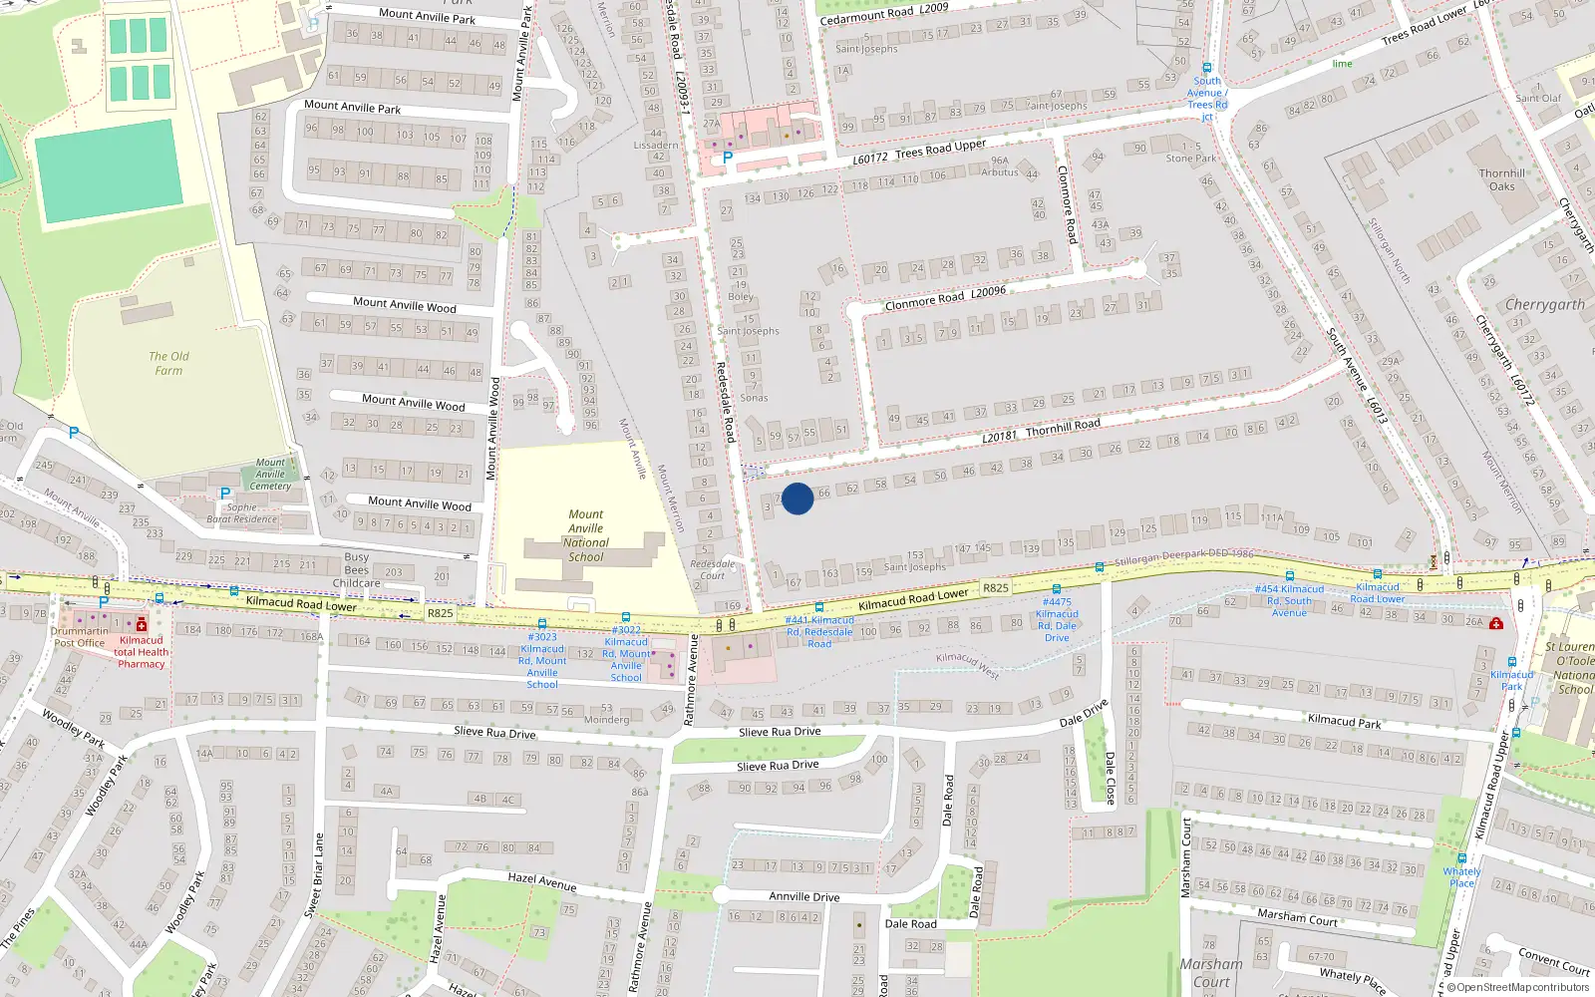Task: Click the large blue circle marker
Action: [797, 498]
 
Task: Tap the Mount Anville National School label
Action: [586, 536]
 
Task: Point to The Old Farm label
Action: [168, 363]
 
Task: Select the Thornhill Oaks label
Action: [1502, 179]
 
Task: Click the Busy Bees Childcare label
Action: [357, 570]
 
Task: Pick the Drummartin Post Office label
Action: [79, 637]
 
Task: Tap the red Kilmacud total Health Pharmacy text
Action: [142, 652]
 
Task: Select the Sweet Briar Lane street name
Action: [315, 875]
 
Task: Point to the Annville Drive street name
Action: [804, 896]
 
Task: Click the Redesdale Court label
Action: [713, 569]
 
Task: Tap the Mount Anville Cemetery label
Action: [270, 474]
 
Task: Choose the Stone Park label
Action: [1191, 158]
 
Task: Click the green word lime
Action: [1343, 64]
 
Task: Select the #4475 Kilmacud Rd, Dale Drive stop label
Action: [1057, 619]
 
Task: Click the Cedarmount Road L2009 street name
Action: [884, 13]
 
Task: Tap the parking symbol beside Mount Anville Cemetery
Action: [225, 494]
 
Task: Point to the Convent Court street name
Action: [1554, 961]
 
